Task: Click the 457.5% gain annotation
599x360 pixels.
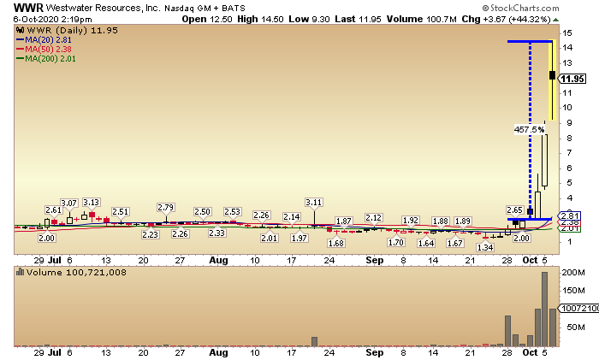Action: [x=528, y=130]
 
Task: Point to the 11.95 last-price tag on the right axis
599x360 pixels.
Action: [x=572, y=78]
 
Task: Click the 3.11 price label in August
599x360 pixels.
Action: [x=314, y=202]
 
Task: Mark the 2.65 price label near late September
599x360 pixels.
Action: [x=515, y=210]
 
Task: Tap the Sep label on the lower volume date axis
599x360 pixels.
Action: [x=373, y=351]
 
